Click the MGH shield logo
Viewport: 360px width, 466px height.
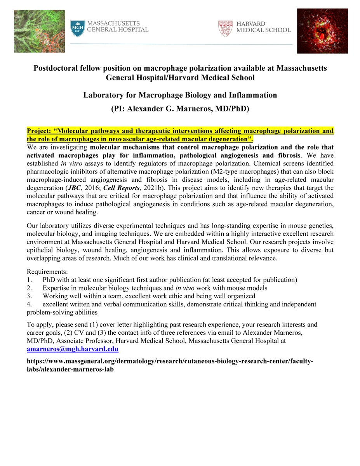pyautogui.click(x=78, y=29)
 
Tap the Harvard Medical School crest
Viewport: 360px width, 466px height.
pyautogui.click(x=225, y=28)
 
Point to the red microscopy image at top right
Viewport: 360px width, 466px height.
pyautogui.click(x=322, y=31)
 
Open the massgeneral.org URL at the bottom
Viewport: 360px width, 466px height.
pyautogui.click(x=170, y=365)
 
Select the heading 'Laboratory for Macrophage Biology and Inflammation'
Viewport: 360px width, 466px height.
pyautogui.click(x=180, y=95)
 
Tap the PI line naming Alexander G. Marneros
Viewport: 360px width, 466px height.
pyautogui.click(x=180, y=109)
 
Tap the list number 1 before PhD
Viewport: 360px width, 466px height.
pyautogui.click(x=29, y=279)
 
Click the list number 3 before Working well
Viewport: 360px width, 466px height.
pyautogui.click(x=29, y=296)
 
